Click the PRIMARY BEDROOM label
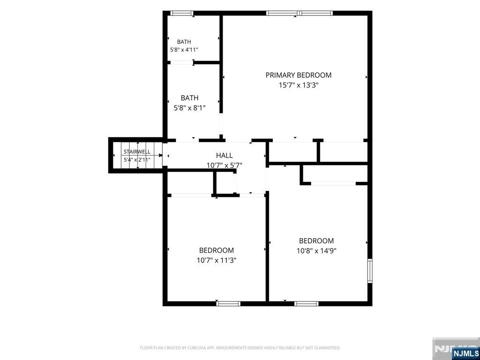coord(299,75)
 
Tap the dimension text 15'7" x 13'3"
coord(299,85)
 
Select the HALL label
coord(225,155)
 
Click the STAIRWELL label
coord(137,152)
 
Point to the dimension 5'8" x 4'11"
coord(184,50)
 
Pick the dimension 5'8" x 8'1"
coord(189,108)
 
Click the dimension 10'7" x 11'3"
coord(217,260)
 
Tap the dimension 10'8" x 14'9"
coord(316,251)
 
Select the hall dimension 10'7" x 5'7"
coord(225,165)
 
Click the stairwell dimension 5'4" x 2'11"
coord(137,159)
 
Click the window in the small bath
coord(181,13)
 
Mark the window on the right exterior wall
coord(370,270)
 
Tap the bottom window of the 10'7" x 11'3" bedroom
coord(228,303)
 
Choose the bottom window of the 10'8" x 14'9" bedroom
coord(307,303)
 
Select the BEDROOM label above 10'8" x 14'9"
coord(316,240)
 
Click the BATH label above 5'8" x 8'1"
coord(189,98)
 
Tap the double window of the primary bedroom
coord(299,13)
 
